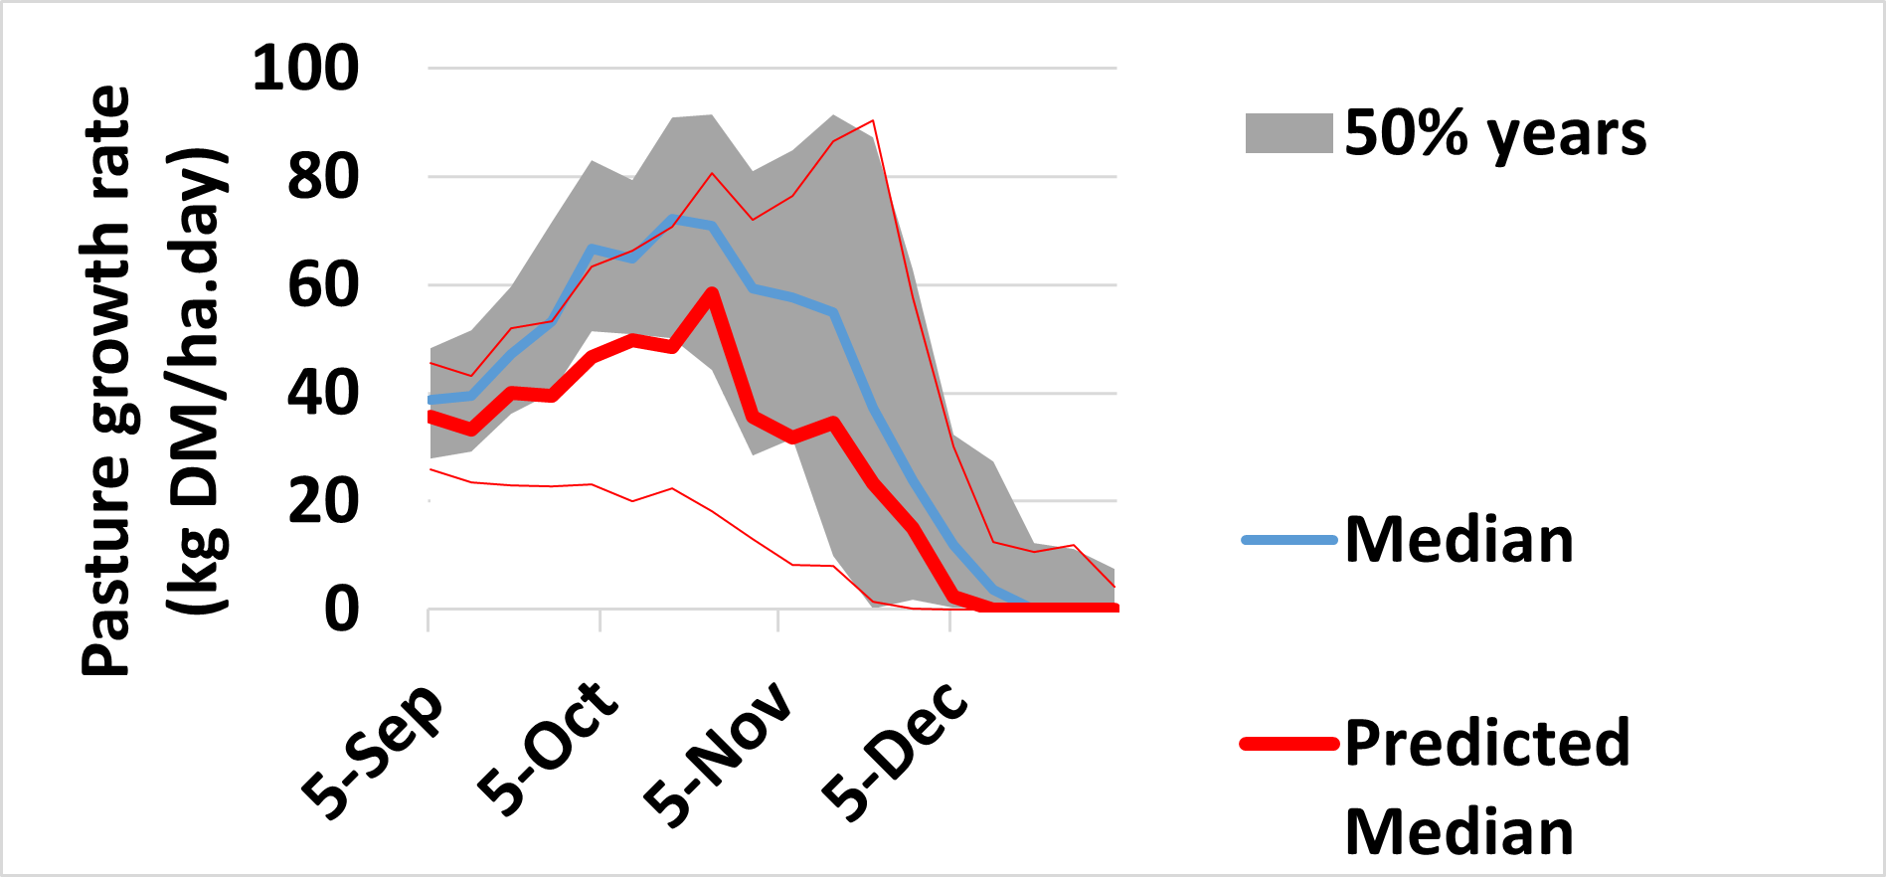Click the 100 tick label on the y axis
click(305, 69)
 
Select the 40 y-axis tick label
click(322, 393)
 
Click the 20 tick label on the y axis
click(322, 501)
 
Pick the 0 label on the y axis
click(341, 609)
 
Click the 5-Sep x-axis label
click(372, 752)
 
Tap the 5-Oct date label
click(547, 748)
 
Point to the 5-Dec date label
click(894, 752)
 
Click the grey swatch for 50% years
click(1288, 133)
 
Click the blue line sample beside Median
click(1289, 540)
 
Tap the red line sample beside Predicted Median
click(1289, 743)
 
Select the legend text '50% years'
click(1495, 133)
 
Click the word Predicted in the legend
click(1487, 743)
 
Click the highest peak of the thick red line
click(712, 292)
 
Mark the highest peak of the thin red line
click(872, 121)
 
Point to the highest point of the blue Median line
click(673, 218)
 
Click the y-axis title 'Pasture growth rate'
click(106, 381)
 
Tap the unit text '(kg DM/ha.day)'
click(199, 381)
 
